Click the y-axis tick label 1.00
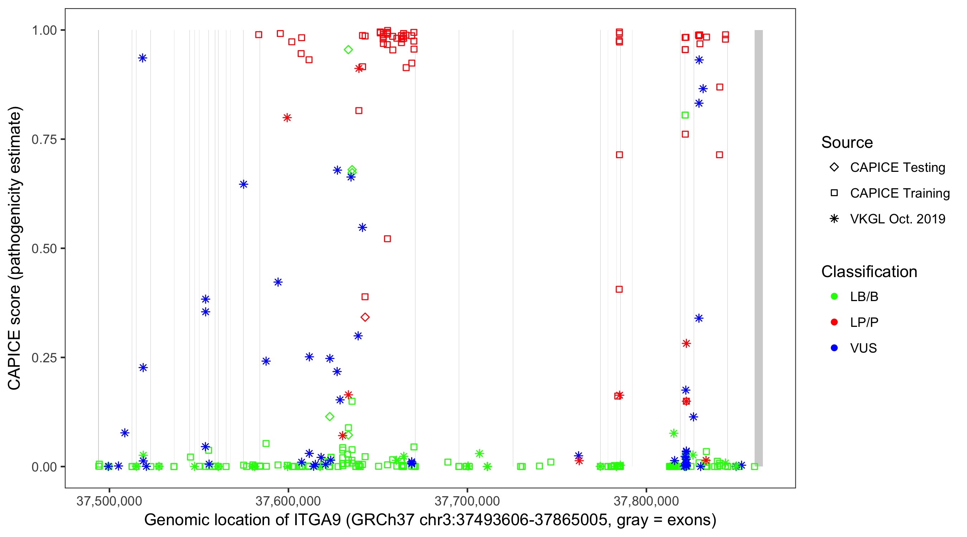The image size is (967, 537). click(x=44, y=30)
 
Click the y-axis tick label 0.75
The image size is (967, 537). click(x=44, y=140)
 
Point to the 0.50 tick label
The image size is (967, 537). click(x=44, y=249)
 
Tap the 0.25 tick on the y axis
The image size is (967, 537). click(x=44, y=358)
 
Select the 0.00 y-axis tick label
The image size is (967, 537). click(x=44, y=467)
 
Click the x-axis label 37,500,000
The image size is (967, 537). click(x=109, y=501)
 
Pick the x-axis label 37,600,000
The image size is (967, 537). click(x=288, y=501)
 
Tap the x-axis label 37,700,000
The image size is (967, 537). click(x=467, y=501)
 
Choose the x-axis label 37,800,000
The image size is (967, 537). click(x=646, y=501)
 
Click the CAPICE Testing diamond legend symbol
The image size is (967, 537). click(x=834, y=168)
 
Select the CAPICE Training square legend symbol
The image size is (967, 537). click(x=834, y=193)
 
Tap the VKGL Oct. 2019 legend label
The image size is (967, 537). click(x=898, y=219)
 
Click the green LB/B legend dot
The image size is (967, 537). click(x=834, y=297)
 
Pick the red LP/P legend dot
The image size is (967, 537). click(x=834, y=322)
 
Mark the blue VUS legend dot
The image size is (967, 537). click(x=834, y=348)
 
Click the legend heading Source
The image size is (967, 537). click(x=847, y=142)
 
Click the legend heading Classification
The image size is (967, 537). click(x=869, y=272)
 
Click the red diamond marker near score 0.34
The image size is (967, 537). click(x=365, y=318)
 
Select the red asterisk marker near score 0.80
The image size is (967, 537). click(x=287, y=118)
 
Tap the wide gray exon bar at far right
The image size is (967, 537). click(x=759, y=248)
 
